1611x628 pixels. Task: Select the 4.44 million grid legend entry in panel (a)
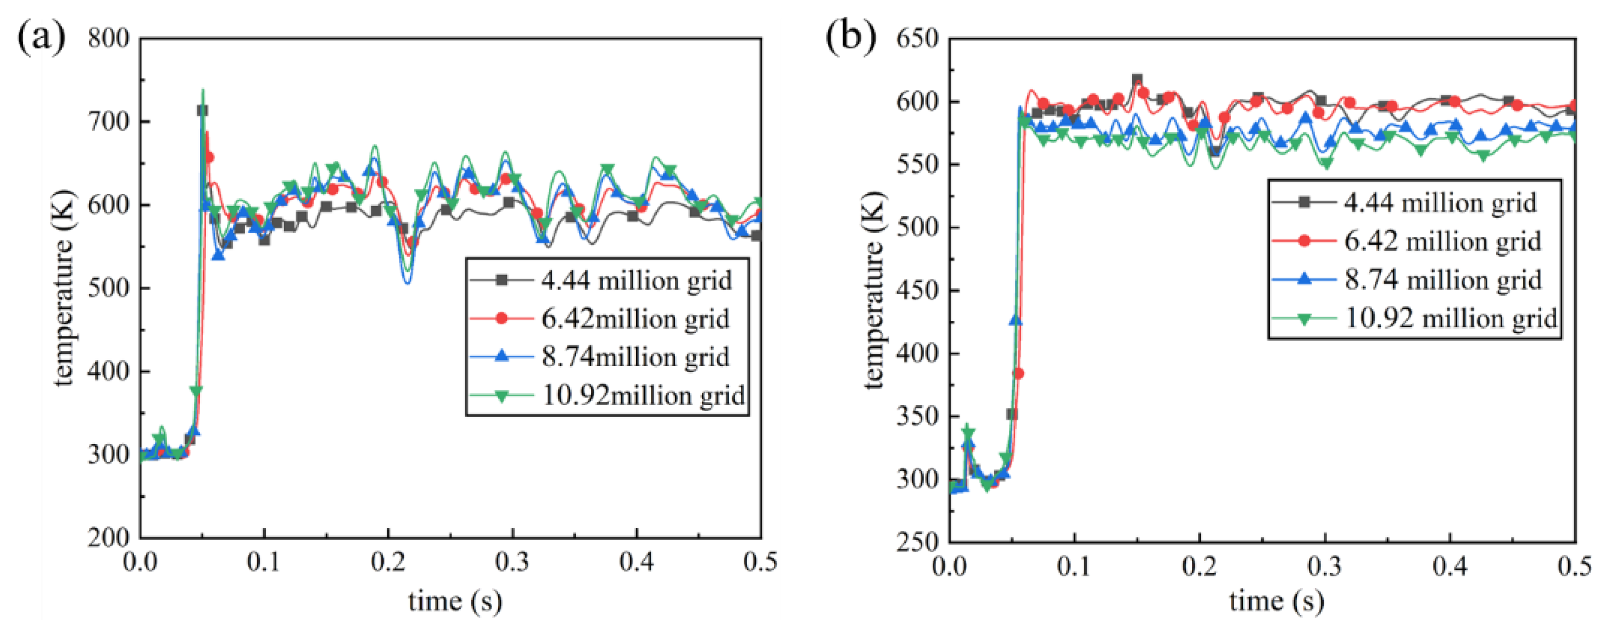point(600,280)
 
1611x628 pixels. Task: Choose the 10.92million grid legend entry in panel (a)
point(606,396)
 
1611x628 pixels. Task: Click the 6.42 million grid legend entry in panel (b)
point(1407,241)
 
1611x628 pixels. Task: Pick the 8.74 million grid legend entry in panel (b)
point(1407,279)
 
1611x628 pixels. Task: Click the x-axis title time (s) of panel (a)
point(455,601)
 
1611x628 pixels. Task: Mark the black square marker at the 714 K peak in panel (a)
point(203,110)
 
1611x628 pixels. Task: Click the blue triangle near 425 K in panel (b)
point(1016,320)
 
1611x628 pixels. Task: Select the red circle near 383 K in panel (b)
point(1019,374)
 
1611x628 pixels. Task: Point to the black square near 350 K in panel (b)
point(1012,414)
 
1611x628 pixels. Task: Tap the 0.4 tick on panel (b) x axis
point(1450,566)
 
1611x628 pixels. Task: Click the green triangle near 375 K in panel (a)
point(197,391)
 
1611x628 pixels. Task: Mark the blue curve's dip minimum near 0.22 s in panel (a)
point(407,283)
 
